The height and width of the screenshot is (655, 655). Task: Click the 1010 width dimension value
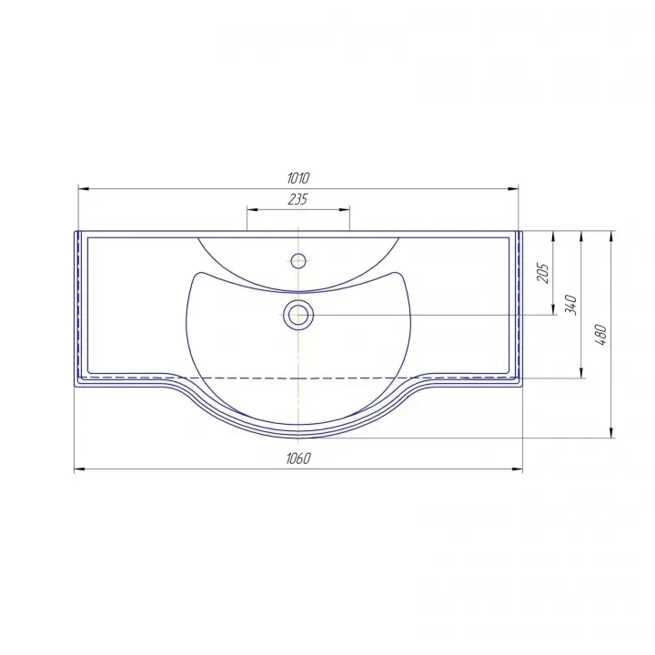297,178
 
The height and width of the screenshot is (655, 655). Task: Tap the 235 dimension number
297,199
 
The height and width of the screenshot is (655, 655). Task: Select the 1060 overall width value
298,458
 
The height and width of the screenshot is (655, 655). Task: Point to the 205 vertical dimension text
543,273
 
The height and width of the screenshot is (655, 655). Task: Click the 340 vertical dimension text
570,305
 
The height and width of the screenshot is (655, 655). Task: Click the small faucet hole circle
297,261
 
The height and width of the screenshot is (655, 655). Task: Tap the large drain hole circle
297,314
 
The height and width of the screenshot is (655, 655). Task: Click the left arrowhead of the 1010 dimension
84,189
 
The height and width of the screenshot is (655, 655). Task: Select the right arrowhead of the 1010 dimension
513,189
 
